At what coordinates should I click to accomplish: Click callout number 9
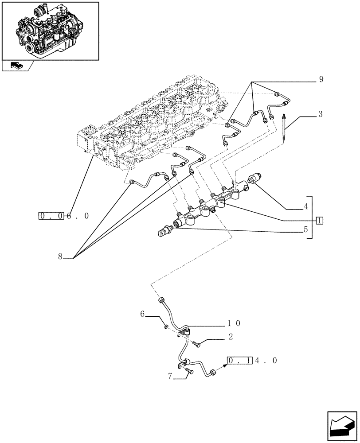point(321,80)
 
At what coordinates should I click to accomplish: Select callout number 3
point(320,114)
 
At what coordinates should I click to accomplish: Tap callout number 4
point(305,206)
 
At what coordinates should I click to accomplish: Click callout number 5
point(305,230)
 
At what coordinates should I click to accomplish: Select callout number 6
point(142,314)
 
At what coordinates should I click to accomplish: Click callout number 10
point(235,324)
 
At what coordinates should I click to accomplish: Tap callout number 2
point(231,337)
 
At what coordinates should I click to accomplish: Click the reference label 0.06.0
point(64,216)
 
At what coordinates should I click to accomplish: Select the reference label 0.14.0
point(252,361)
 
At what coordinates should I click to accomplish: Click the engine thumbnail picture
point(50,30)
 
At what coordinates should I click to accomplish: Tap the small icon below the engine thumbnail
point(16,66)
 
